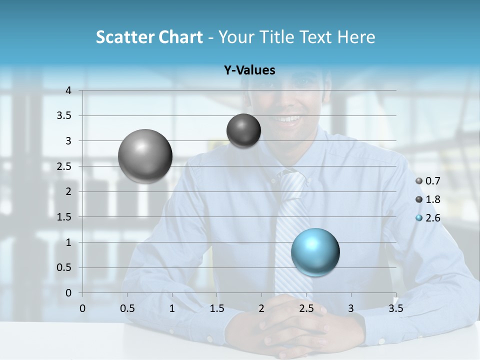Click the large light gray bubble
pyautogui.click(x=145, y=156)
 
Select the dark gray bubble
pyautogui.click(x=243, y=130)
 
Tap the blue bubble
pyautogui.click(x=315, y=252)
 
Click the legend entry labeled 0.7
pyautogui.click(x=428, y=181)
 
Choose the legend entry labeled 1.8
pyautogui.click(x=428, y=199)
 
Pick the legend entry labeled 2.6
pyautogui.click(x=428, y=218)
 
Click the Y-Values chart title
pyautogui.click(x=249, y=70)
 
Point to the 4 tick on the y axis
pyautogui.click(x=68, y=90)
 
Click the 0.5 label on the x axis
pyautogui.click(x=127, y=308)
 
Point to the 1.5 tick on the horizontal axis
pyautogui.click(x=217, y=308)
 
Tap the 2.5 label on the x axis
pyautogui.click(x=306, y=308)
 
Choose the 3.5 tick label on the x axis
pyautogui.click(x=395, y=308)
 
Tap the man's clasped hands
pyautogui.click(x=290, y=322)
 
